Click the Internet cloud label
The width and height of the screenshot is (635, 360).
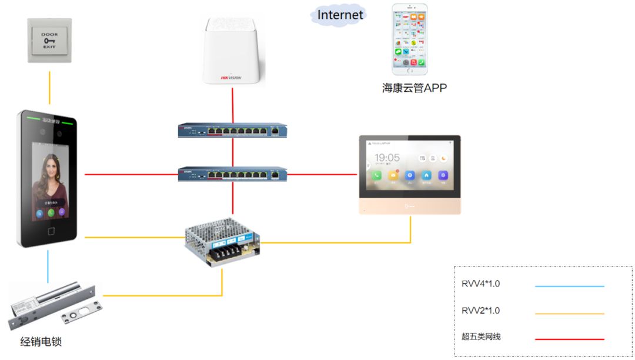coord(340,14)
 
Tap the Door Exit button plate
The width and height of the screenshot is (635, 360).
coord(49,41)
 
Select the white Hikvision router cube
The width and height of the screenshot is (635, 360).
coord(232,51)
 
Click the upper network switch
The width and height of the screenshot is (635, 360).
coord(232,130)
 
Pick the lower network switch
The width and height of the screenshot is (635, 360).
coord(232,174)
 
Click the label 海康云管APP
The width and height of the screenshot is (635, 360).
coord(414,88)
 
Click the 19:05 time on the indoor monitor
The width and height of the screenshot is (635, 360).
coord(387,158)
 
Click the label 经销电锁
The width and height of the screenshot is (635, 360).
coord(41,342)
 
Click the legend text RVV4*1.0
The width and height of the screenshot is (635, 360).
coord(481,284)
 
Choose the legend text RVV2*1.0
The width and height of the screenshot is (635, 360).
coord(481,311)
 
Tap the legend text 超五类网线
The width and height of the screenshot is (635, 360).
coord(481,337)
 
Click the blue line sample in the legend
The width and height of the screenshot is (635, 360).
coord(569,286)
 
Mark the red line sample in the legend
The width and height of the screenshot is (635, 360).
coord(569,339)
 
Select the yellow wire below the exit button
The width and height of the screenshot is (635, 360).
coord(49,88)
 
